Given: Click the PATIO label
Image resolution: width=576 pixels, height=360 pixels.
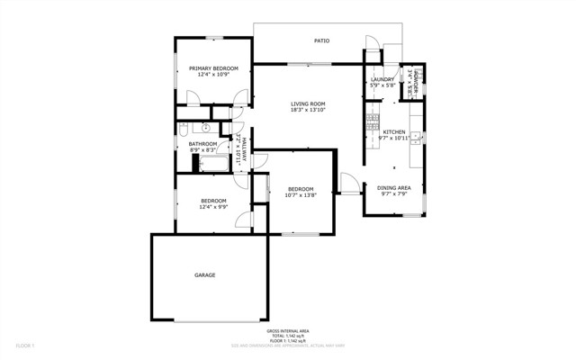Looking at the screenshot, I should coord(320,41).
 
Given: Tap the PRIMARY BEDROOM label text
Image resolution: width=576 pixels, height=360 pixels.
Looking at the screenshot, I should coord(212,68).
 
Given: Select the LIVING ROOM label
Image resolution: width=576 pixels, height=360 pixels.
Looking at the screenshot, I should coord(307,104).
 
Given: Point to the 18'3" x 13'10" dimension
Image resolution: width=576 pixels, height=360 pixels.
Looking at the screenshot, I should coord(307,112).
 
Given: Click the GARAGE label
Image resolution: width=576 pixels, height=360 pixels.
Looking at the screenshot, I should coord(205,275).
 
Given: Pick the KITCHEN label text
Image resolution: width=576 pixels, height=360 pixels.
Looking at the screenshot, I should coord(394,132).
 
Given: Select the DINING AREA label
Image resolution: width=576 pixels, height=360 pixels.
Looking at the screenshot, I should coord(393,187).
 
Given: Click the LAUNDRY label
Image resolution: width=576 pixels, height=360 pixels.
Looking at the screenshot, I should coord(382,80).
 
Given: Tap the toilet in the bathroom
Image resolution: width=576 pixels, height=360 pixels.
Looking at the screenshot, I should coord(184,129).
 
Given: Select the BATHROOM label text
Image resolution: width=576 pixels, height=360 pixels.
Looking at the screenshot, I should coord(202,144).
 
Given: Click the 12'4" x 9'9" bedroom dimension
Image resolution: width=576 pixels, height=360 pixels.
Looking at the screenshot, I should coord(212,207).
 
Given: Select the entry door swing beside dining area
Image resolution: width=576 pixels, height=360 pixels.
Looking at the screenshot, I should coord(346,183).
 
